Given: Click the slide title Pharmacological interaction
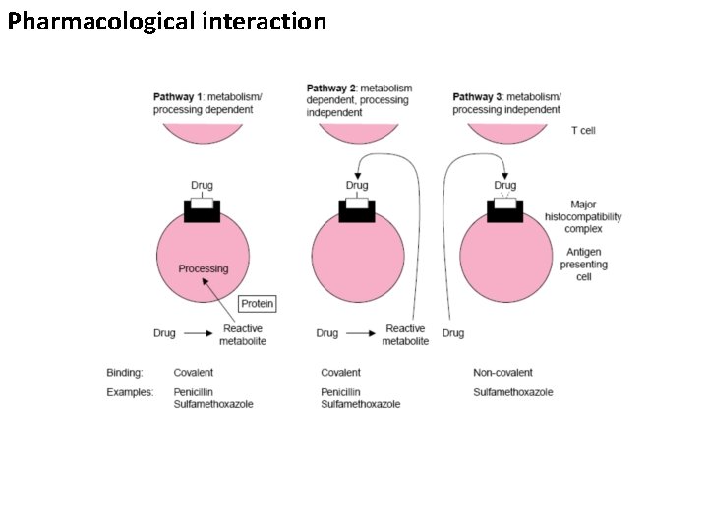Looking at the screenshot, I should tap(166, 22).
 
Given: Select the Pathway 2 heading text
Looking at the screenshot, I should tap(360, 100).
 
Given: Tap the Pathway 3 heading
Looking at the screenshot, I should tap(506, 103).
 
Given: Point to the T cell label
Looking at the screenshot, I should tap(583, 130).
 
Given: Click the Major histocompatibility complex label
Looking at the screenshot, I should tap(583, 216).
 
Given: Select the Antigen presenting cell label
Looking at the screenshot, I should tap(583, 265).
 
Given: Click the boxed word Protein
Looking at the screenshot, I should tap(258, 304).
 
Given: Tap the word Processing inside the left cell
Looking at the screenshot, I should tap(203, 268).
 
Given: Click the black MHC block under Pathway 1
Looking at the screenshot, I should tap(203, 212).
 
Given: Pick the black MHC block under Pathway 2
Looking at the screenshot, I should tap(357, 212).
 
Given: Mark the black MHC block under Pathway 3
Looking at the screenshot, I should tap(504, 212).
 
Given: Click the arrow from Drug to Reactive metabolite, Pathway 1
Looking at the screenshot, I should tap(198, 334).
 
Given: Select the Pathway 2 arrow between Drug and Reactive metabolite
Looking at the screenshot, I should tap(360, 334).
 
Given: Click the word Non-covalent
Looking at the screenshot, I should tap(502, 373).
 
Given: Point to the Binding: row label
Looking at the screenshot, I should tap(125, 373).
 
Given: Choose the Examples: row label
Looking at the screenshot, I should tap(130, 392).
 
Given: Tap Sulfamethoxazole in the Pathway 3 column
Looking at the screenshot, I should tap(512, 392).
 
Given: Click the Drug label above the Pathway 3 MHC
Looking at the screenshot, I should tap(504, 185).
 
